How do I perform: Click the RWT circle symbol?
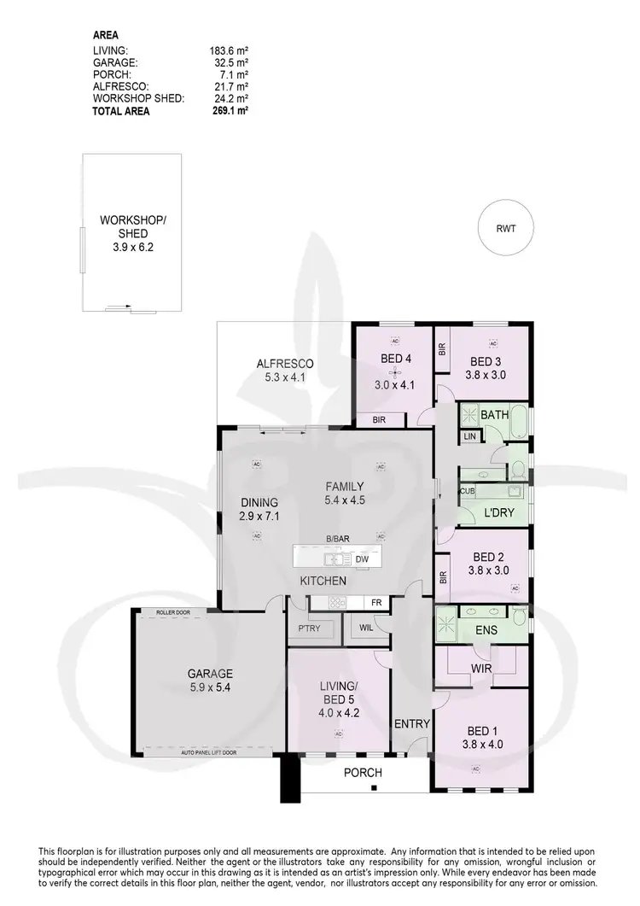pos(506,228)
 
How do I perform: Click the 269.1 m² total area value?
pos(229,110)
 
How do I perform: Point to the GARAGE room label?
pos(210,673)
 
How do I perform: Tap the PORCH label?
pos(362,773)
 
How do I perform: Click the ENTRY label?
pos(411,724)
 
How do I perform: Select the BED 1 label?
pos(482,731)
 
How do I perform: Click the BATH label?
pos(495,415)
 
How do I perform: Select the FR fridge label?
pos(375,603)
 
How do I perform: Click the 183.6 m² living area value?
pos(229,51)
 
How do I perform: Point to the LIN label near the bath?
pos(469,436)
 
